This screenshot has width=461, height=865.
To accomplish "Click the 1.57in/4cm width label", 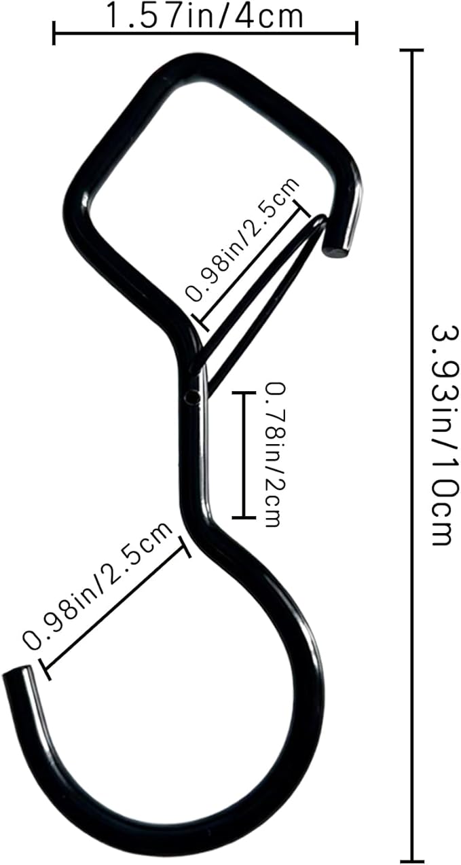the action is [204, 16].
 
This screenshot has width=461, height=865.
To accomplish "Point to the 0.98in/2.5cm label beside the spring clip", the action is [242, 240].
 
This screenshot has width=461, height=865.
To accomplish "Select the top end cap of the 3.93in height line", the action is [412, 51].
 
